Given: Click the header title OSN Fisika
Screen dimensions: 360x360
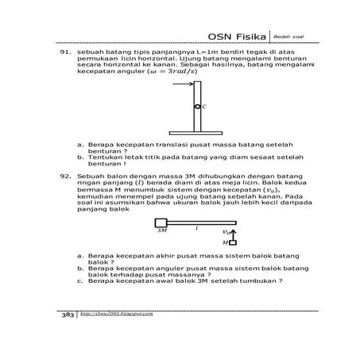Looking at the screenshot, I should coord(236,37).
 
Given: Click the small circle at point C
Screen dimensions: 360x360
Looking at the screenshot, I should coord(196,106).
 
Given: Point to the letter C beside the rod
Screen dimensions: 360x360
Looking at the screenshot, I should coord(204,106).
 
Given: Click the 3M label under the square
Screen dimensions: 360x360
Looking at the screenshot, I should coord(161,231).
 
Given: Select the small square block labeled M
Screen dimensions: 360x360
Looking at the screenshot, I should coord(234,242).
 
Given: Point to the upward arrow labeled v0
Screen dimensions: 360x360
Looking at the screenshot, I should coord(234,232).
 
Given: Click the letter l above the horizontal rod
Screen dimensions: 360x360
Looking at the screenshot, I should coord(196,228).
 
